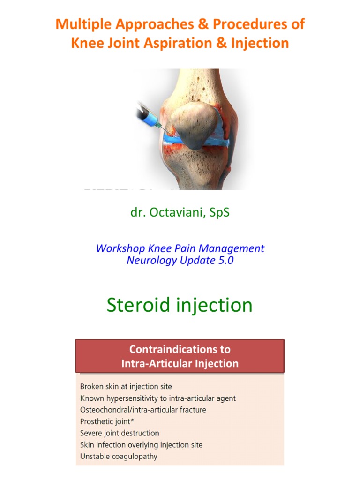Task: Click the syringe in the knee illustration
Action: coord(149,115)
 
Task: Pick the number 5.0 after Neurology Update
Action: coord(224,260)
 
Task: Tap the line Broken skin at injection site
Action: coord(126,387)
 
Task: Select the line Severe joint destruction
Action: coord(120,433)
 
